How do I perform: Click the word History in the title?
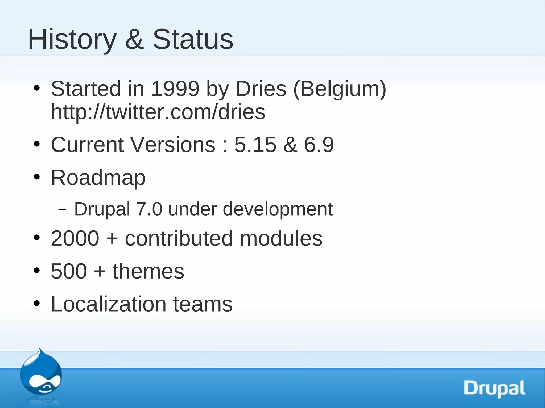point(72,39)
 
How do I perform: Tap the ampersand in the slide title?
point(134,39)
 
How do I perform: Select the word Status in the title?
point(193,39)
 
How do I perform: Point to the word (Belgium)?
point(340,89)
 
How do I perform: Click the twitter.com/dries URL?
point(158,112)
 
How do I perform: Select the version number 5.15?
point(255,145)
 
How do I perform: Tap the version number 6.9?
point(319,145)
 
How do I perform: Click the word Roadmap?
point(98,178)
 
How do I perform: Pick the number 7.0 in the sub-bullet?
point(149,209)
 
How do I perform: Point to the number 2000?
point(75,238)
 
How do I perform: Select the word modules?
point(281,238)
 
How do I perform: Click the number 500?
point(69,271)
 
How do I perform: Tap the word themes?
point(148,271)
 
